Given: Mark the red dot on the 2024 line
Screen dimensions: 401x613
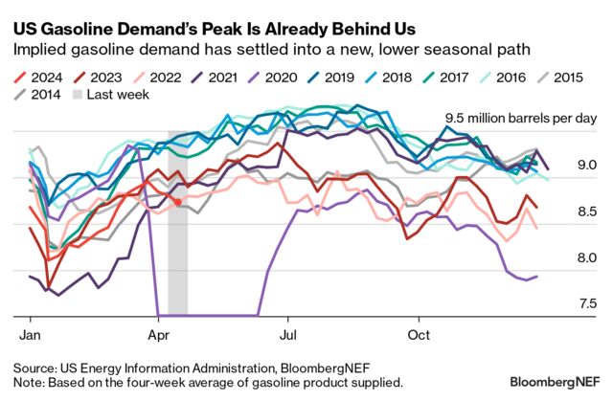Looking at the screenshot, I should tap(178, 202).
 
